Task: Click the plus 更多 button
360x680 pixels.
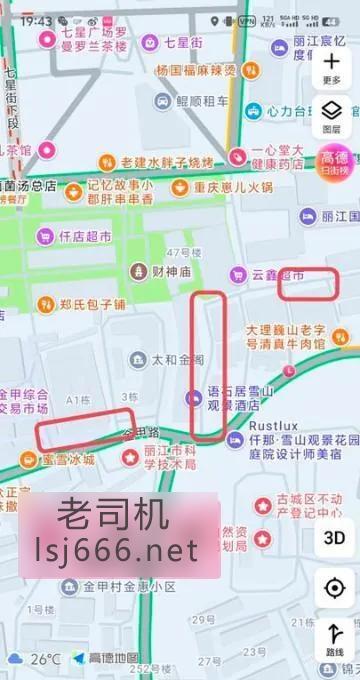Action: pos(333,66)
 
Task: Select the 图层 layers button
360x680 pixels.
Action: pos(333,116)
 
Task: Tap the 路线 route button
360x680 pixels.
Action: pos(334,640)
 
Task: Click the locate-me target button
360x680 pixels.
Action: pos(334,587)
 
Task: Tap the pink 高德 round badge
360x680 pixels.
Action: pos(333,162)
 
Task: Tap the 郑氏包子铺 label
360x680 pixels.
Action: pos(79,304)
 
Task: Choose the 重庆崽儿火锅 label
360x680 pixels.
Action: pos(222,187)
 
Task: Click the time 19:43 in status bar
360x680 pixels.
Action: pos(36,20)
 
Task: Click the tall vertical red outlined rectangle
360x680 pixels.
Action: pos(208,365)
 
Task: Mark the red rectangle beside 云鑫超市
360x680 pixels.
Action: pos(306,285)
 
